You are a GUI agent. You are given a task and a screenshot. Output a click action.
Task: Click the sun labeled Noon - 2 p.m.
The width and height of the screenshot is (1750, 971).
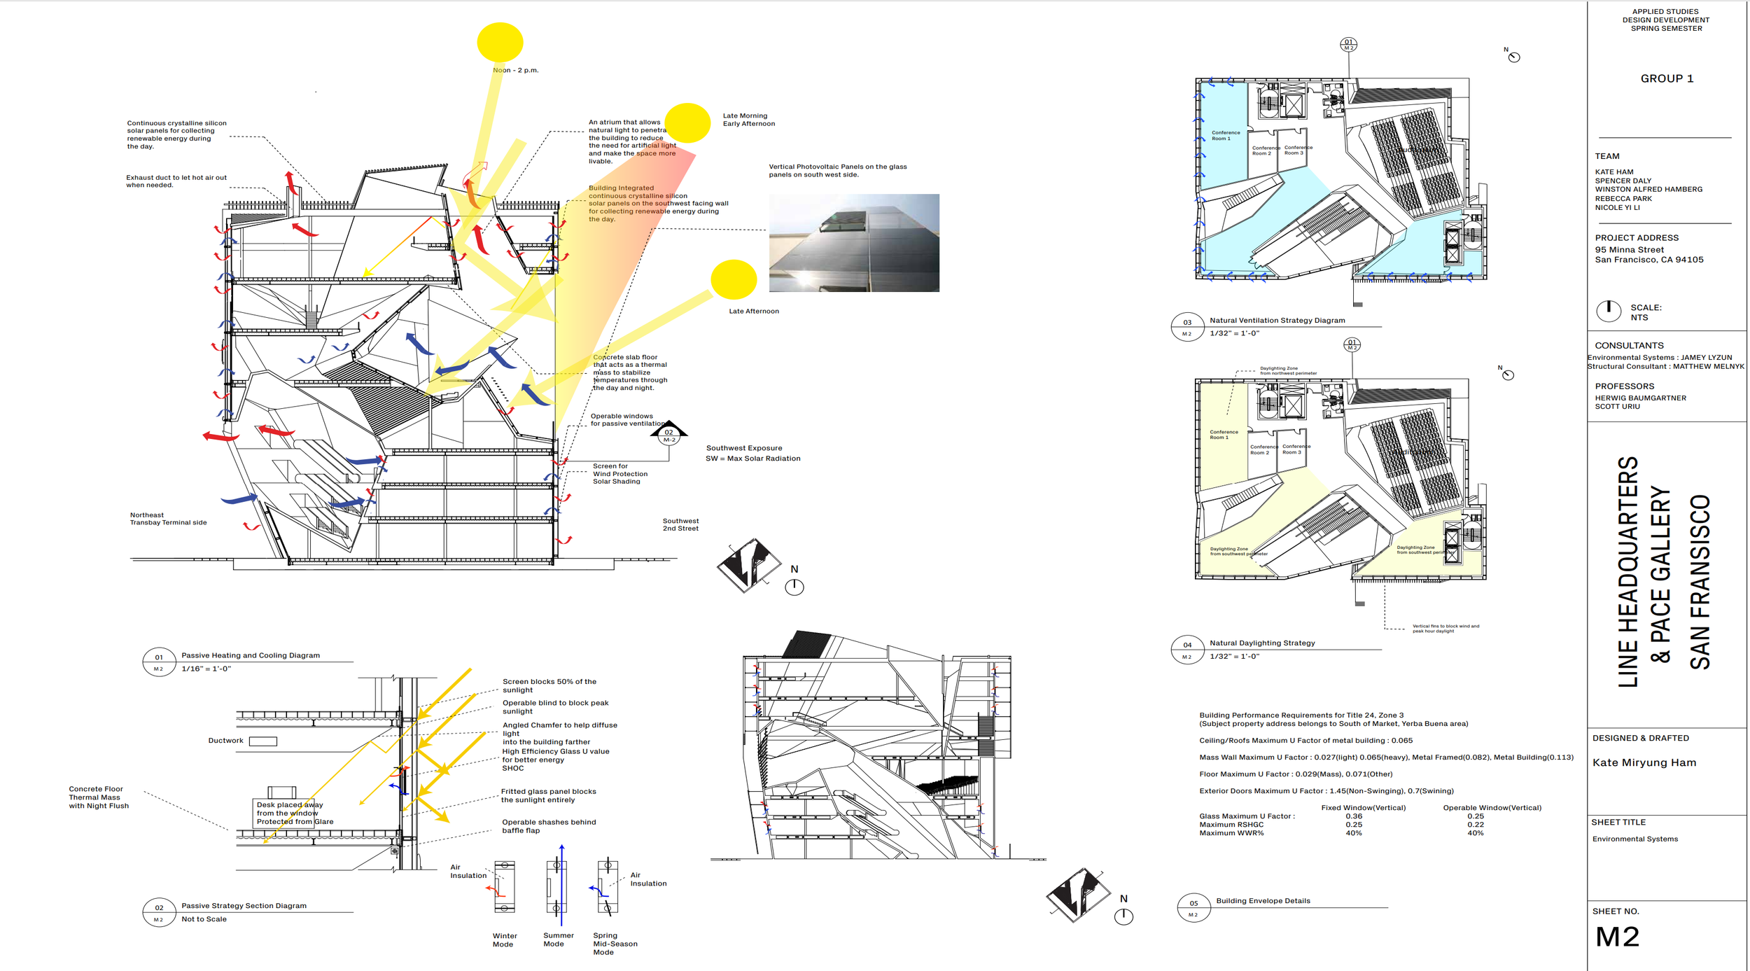point(500,42)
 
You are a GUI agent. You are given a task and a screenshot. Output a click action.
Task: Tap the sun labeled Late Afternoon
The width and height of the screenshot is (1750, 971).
point(733,279)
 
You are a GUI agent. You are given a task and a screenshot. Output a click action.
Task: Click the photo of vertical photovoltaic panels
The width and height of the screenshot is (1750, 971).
point(854,242)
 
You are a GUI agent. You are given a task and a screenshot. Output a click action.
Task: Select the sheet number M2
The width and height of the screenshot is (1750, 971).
point(1617,937)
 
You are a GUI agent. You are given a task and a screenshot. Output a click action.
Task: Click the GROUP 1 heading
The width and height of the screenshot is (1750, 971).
point(1667,78)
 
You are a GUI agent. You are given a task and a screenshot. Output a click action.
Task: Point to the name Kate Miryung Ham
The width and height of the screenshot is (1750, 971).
point(1644,762)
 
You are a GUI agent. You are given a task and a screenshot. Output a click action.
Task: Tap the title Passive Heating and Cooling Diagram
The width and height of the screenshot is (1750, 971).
point(251,655)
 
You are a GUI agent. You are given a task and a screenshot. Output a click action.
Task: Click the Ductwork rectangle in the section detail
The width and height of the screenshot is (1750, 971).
point(263,741)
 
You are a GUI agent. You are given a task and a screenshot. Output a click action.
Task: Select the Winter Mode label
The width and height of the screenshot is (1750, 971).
point(504,939)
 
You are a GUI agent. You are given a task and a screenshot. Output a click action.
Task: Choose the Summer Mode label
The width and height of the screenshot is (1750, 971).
point(558,939)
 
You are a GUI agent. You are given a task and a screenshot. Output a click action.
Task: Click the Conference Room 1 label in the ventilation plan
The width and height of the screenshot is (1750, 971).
point(1225,135)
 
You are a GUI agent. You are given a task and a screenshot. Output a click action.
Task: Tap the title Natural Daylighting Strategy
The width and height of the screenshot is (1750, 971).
point(1262,643)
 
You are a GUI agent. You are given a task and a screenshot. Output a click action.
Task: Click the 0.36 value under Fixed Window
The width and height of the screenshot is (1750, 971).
point(1354,816)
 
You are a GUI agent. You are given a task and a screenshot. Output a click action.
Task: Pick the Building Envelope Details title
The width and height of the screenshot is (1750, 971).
point(1263,901)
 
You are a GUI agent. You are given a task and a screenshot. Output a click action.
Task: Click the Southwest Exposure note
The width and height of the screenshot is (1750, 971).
point(744,448)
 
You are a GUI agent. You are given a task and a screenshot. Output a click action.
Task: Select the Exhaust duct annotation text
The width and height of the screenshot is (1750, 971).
point(176,181)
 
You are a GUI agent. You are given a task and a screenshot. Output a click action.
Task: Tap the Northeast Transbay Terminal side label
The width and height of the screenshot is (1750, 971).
point(168,519)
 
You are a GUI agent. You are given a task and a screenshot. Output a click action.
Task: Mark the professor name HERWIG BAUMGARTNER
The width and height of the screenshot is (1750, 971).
point(1640,398)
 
